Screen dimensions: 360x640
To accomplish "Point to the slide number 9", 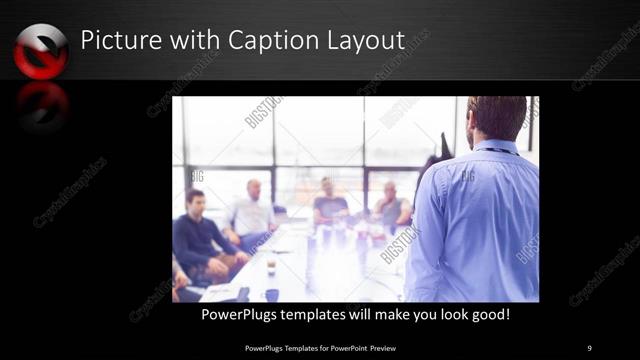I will [x=590, y=347].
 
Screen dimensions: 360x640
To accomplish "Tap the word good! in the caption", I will [x=489, y=315].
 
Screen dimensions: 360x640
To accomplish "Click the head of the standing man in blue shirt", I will [x=496, y=117].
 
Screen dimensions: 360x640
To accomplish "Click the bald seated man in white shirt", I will [x=252, y=212].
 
